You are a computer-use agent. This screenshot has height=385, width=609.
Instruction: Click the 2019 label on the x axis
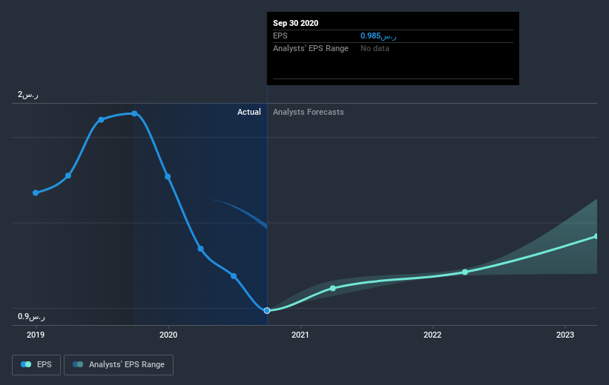tap(36, 334)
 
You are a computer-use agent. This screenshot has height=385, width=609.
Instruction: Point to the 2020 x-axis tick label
tap(168, 334)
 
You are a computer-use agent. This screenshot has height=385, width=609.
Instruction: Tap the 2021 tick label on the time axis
tap(300, 334)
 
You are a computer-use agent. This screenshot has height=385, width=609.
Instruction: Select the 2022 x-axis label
tap(432, 334)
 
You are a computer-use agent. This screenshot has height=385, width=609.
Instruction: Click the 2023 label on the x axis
tap(565, 334)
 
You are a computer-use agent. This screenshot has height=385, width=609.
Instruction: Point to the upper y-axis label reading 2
tap(29, 95)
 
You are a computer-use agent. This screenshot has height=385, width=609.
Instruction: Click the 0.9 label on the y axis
tap(32, 317)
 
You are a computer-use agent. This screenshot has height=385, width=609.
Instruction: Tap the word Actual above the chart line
tap(248, 112)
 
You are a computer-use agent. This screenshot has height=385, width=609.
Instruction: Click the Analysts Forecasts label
tap(308, 112)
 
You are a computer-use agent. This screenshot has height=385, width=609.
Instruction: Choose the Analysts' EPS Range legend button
tap(119, 365)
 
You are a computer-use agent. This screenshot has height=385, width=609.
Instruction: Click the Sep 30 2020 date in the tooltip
tap(295, 23)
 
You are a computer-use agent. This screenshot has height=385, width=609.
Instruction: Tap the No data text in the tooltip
tap(375, 48)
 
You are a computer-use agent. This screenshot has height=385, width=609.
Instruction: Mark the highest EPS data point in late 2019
tap(134, 113)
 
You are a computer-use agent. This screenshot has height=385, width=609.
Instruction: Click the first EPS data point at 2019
tap(36, 192)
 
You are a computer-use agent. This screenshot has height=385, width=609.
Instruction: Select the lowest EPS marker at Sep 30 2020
tap(267, 310)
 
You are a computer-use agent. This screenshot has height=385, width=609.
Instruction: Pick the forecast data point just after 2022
tap(465, 272)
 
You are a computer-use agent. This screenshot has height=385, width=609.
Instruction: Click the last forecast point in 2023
tap(596, 236)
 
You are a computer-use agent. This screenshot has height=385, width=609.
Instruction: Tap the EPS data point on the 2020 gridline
tap(168, 176)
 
